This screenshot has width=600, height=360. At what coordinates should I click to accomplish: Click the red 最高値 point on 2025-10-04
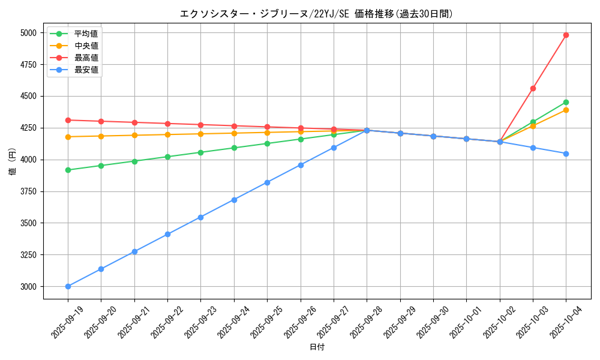coord(566,35)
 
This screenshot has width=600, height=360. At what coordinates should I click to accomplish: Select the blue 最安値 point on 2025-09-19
coord(68,286)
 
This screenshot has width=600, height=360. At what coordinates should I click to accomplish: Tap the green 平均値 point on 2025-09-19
coord(68,170)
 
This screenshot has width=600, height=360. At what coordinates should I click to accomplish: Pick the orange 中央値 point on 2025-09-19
coord(68,137)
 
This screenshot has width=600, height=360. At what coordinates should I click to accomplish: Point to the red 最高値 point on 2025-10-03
coord(533,88)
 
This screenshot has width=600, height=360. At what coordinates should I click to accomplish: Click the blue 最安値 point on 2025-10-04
coord(566,154)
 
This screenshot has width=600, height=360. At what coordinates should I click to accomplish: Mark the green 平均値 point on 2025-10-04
coord(566,102)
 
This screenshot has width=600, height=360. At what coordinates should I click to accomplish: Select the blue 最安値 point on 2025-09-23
coord(200,217)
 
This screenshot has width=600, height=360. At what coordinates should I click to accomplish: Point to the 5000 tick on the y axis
coord(28,33)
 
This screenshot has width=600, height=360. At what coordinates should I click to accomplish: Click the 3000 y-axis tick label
coord(28,287)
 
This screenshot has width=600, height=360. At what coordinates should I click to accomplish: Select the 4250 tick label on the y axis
coord(28,128)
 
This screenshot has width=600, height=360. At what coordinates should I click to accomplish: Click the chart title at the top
coord(316,13)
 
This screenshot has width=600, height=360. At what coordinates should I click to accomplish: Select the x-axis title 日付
coord(317,347)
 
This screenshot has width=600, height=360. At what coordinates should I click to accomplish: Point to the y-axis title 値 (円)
coord(12,161)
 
